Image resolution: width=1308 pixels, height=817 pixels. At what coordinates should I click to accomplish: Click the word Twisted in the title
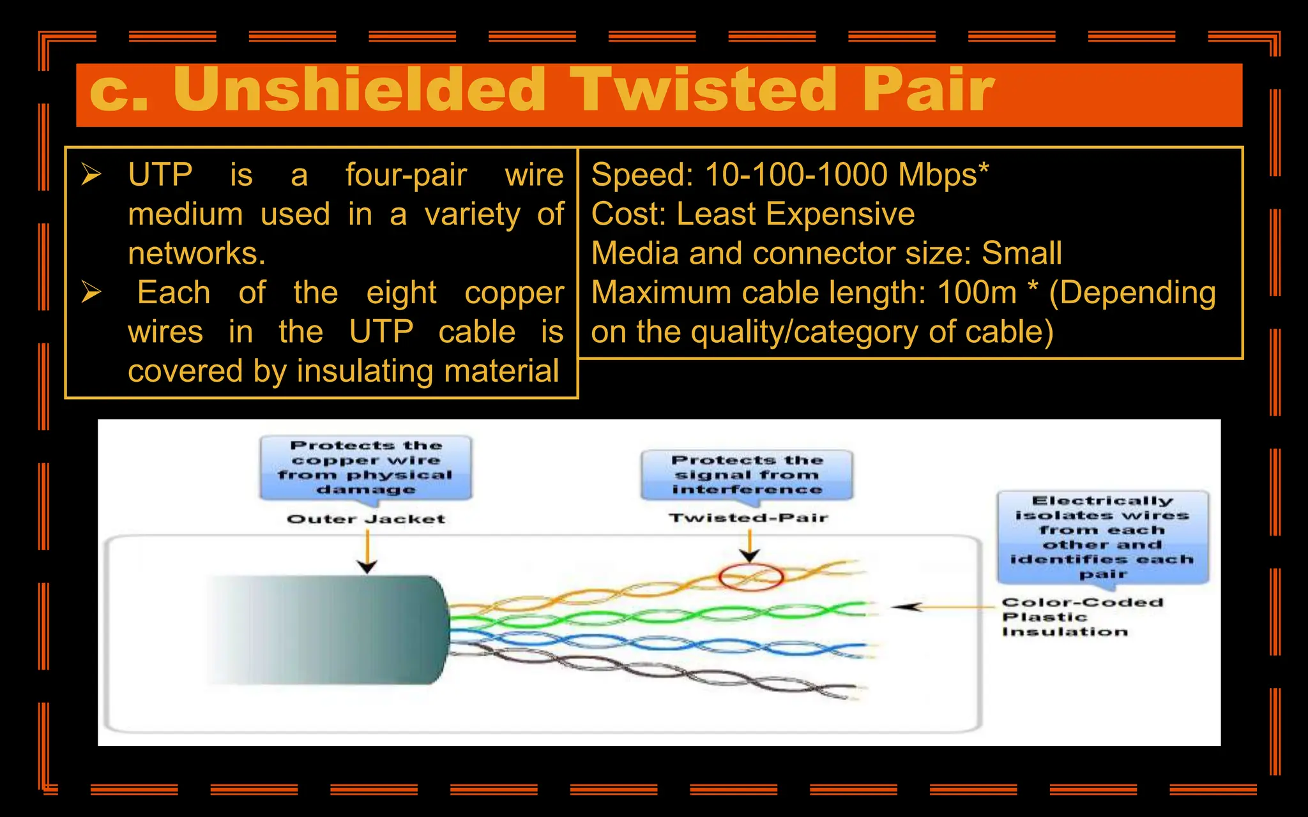coord(703,91)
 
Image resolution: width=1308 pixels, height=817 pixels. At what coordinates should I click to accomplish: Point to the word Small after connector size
coord(1021,253)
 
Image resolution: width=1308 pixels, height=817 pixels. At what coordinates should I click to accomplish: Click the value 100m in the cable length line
coord(977,293)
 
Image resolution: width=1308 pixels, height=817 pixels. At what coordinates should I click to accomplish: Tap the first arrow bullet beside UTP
coord(91,174)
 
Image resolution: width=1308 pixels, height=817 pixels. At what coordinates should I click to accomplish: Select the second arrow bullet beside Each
coord(91,292)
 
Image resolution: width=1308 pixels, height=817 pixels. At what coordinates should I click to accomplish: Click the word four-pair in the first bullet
coord(406,175)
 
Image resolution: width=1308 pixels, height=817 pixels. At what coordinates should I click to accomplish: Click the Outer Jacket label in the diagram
coord(365,519)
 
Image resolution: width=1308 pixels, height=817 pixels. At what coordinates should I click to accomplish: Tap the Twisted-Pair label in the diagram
coord(748,518)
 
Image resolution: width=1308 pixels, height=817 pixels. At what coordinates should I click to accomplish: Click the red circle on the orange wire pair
coord(750,577)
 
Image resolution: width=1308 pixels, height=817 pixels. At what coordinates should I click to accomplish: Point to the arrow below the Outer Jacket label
coord(367,553)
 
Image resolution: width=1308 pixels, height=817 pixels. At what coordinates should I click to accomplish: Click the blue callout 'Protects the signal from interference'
coord(747,475)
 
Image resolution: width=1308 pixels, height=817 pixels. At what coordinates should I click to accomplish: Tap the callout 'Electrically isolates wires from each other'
coord(1102,537)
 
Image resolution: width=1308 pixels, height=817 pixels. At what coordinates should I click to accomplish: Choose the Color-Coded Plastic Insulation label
coord(1082,617)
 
